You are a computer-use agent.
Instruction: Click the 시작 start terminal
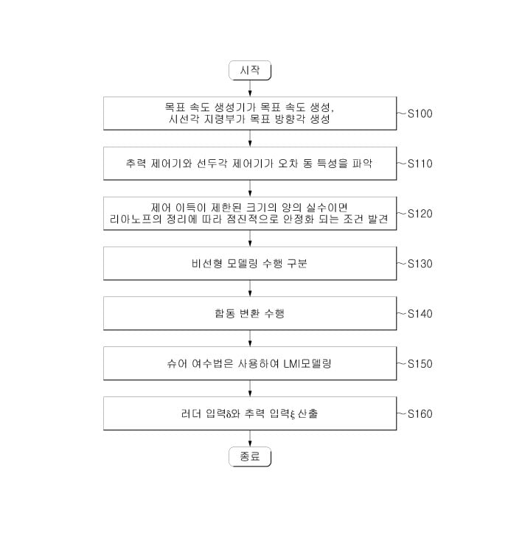point(250,70)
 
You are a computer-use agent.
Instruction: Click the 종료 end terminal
point(250,457)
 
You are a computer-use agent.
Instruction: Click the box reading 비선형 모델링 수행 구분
point(250,263)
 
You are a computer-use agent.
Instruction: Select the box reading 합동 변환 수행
point(250,313)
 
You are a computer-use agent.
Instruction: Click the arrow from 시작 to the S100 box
point(250,88)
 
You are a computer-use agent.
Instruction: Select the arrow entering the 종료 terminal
point(250,438)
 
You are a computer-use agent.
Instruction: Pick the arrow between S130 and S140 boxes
point(250,288)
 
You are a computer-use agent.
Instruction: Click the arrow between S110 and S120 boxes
point(250,188)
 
